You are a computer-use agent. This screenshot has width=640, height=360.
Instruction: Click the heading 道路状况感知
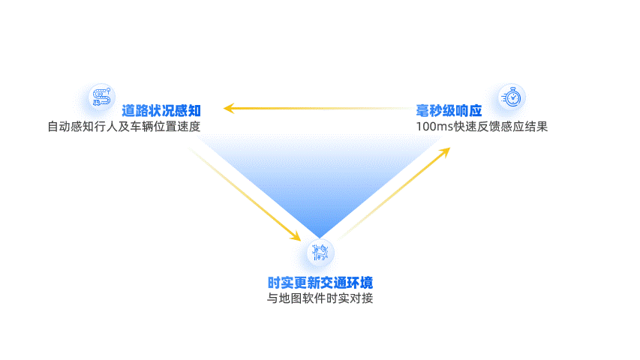pyautogui.click(x=161, y=110)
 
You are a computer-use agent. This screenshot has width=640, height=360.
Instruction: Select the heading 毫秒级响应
pyautogui.click(x=449, y=110)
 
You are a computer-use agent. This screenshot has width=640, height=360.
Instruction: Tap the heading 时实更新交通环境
pyautogui.click(x=320, y=283)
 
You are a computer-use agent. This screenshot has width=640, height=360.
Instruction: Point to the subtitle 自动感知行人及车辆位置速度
pyautogui.click(x=124, y=126)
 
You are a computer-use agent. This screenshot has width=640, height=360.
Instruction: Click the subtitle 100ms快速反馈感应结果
pyautogui.click(x=482, y=126)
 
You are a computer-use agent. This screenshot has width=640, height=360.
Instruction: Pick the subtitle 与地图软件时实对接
pyautogui.click(x=320, y=298)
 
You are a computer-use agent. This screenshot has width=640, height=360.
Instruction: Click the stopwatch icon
pyautogui.click(x=512, y=97)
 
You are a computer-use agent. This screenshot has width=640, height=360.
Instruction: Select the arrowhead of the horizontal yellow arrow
pyautogui.click(x=228, y=109)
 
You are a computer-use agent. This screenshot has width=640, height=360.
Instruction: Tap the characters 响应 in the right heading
pyautogui.click(x=468, y=110)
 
